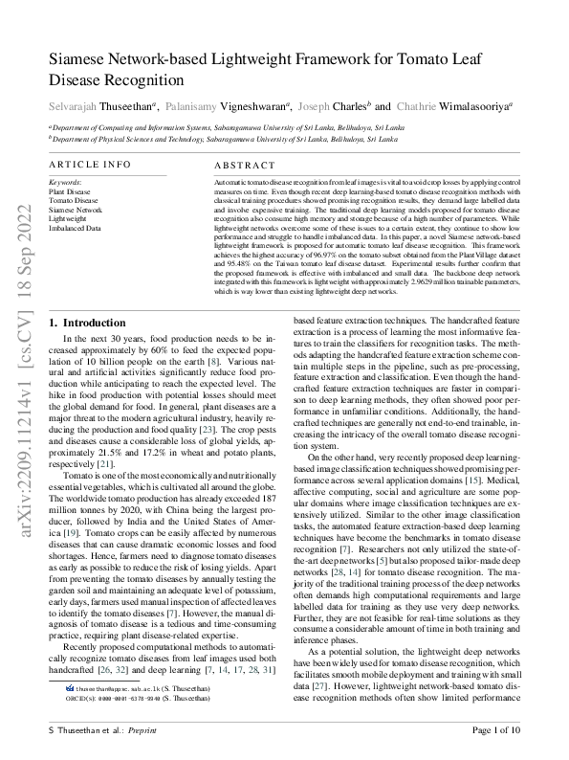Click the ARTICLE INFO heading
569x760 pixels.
pos(90,165)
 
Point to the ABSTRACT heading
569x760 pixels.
pos(243,165)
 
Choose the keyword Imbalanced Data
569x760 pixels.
pos(75,230)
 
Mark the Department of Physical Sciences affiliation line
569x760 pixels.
pos(224,138)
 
